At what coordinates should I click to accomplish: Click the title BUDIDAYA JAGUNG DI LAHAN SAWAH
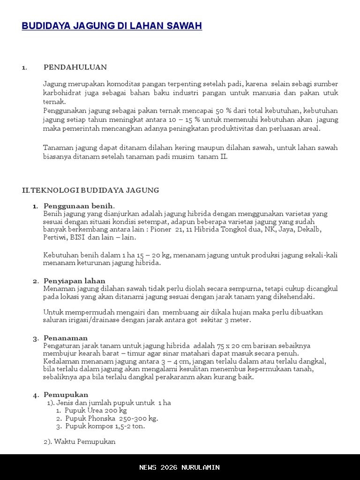[112, 26]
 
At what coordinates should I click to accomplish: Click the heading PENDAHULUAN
[75, 67]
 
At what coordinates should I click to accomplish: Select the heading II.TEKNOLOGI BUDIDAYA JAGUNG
[90, 190]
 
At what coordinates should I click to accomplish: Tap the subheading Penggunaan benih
[78, 206]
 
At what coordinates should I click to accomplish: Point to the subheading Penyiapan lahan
[74, 281]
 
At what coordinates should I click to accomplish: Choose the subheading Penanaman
[66, 338]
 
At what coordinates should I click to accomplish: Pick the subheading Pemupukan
[66, 395]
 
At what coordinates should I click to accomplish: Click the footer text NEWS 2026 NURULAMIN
[180, 467]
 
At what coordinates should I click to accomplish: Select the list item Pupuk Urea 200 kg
[96, 411]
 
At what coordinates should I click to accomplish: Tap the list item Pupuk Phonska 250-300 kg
[111, 419]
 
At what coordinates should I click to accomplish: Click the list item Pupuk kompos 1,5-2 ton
[105, 427]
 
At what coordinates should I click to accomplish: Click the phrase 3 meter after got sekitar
[237, 320]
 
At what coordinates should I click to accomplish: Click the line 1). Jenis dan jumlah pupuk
[109, 403]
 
